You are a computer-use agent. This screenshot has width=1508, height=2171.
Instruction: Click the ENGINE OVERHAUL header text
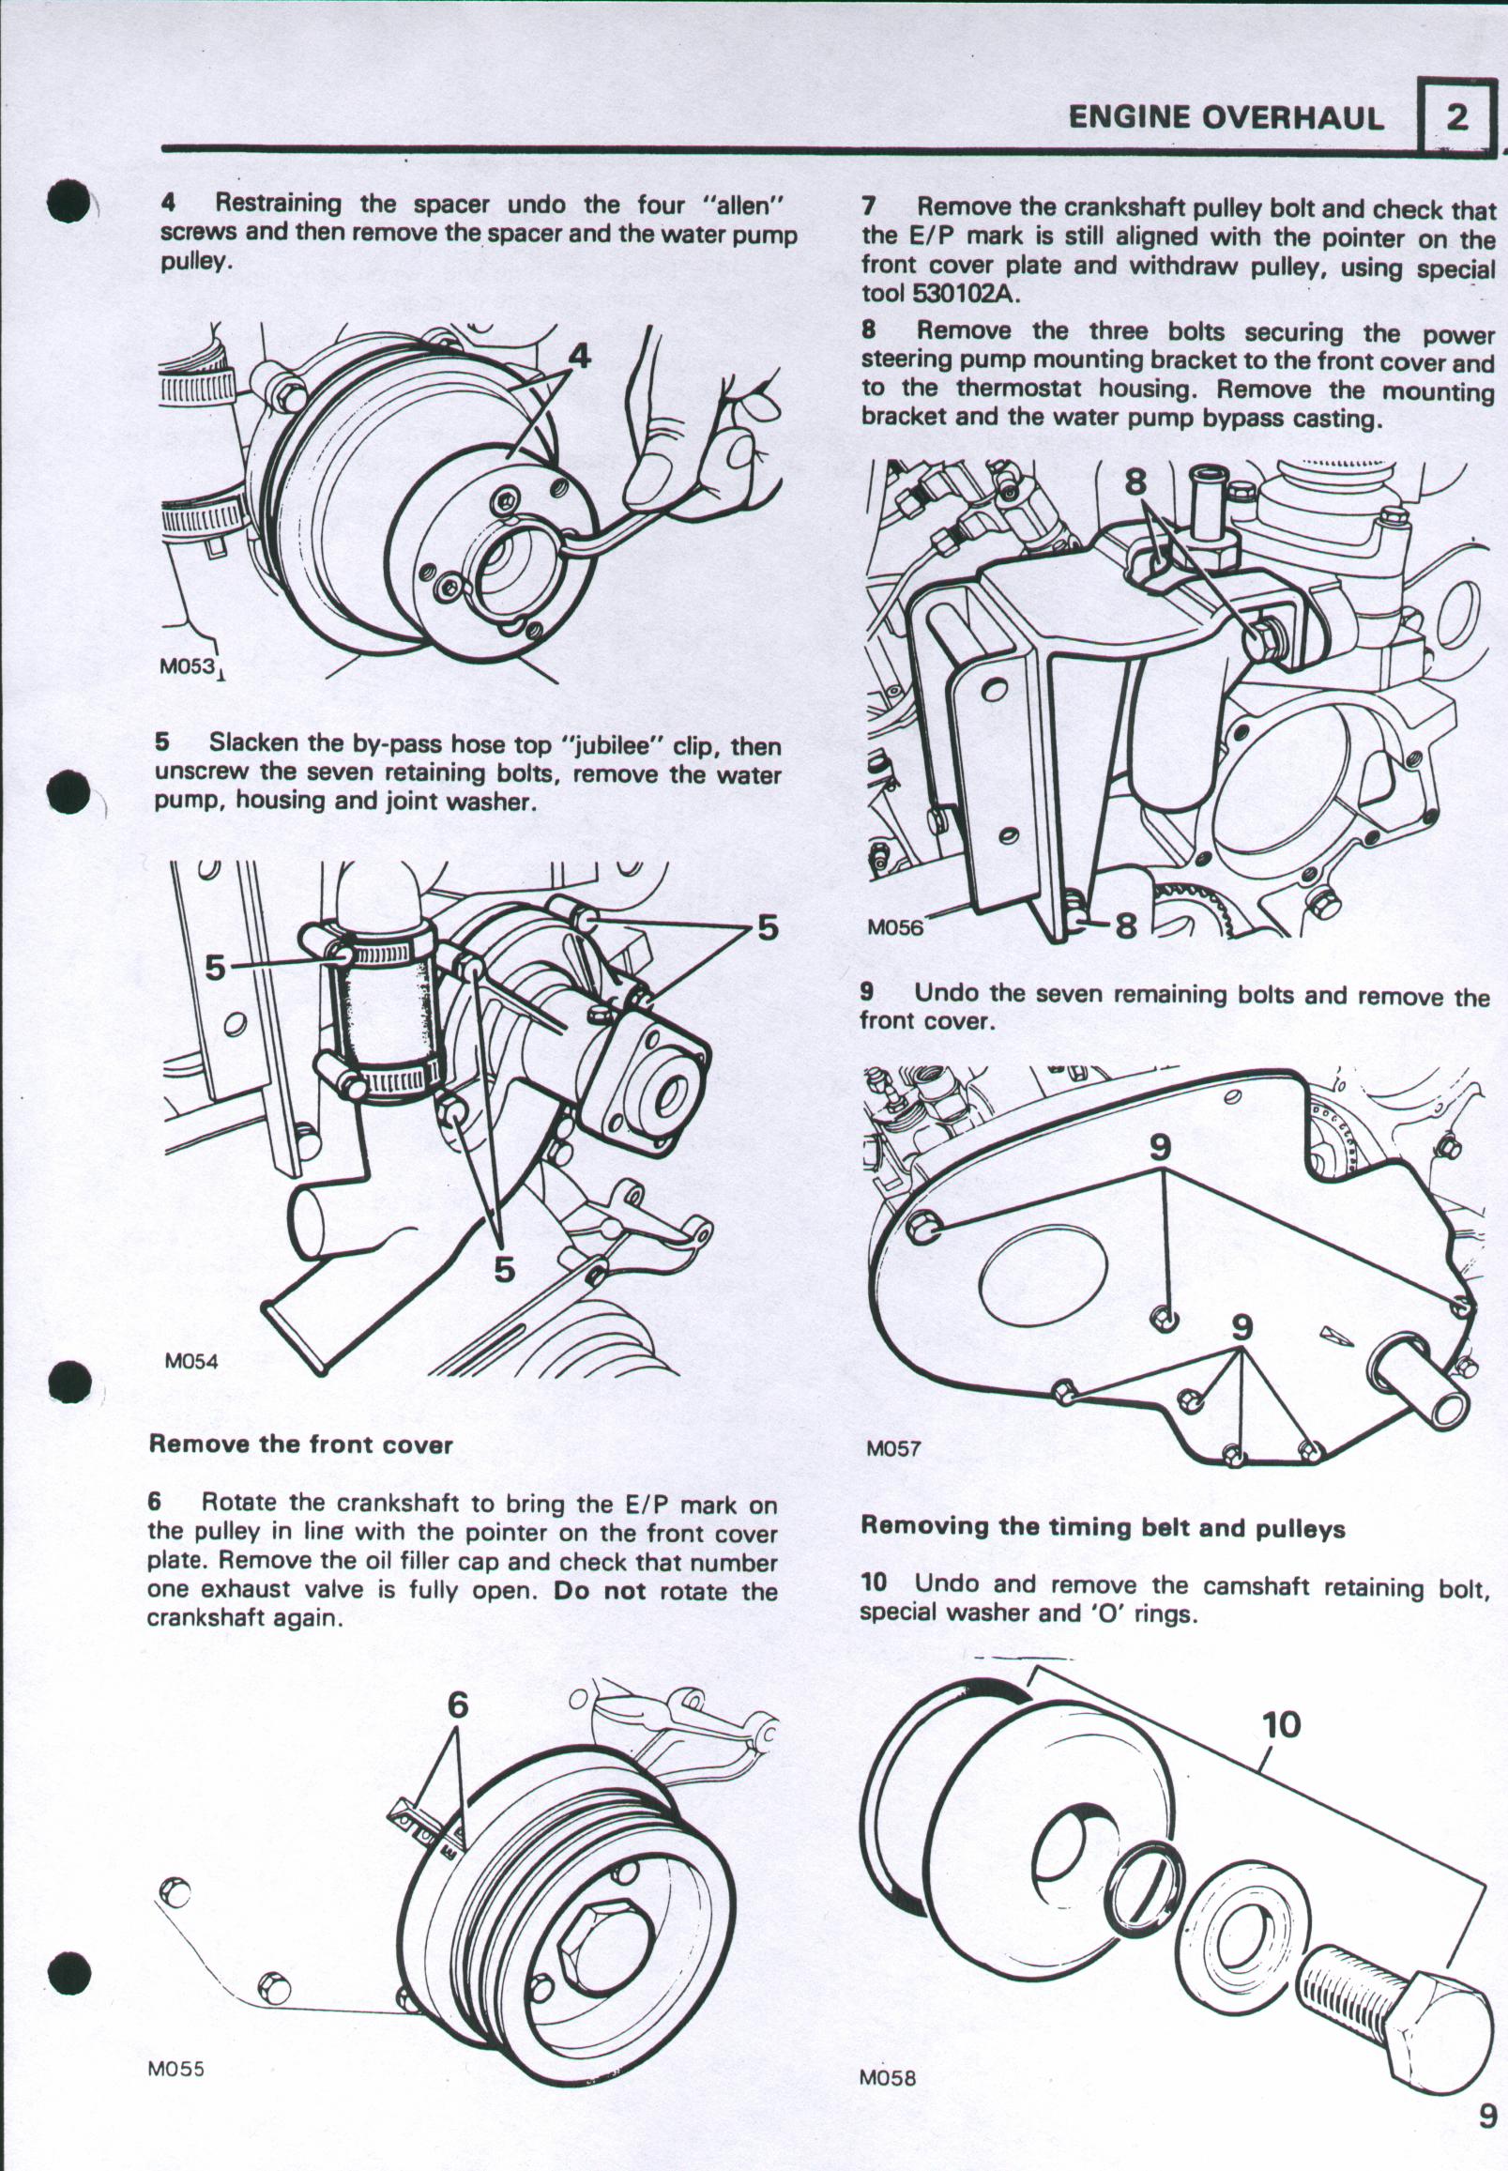(x=1226, y=117)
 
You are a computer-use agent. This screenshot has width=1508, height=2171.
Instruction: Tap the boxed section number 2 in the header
(x=1457, y=117)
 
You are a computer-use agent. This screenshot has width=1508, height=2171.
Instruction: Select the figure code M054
(x=190, y=1361)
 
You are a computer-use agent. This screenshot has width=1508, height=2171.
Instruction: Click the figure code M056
(x=894, y=928)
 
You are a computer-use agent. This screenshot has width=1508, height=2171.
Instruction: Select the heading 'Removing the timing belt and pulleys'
(x=1103, y=1528)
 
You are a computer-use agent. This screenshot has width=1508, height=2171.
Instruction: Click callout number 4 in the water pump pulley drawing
(x=579, y=356)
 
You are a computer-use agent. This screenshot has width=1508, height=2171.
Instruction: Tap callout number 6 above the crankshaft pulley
(x=457, y=1705)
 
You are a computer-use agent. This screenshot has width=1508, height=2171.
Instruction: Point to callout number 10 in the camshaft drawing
(x=1281, y=1725)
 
